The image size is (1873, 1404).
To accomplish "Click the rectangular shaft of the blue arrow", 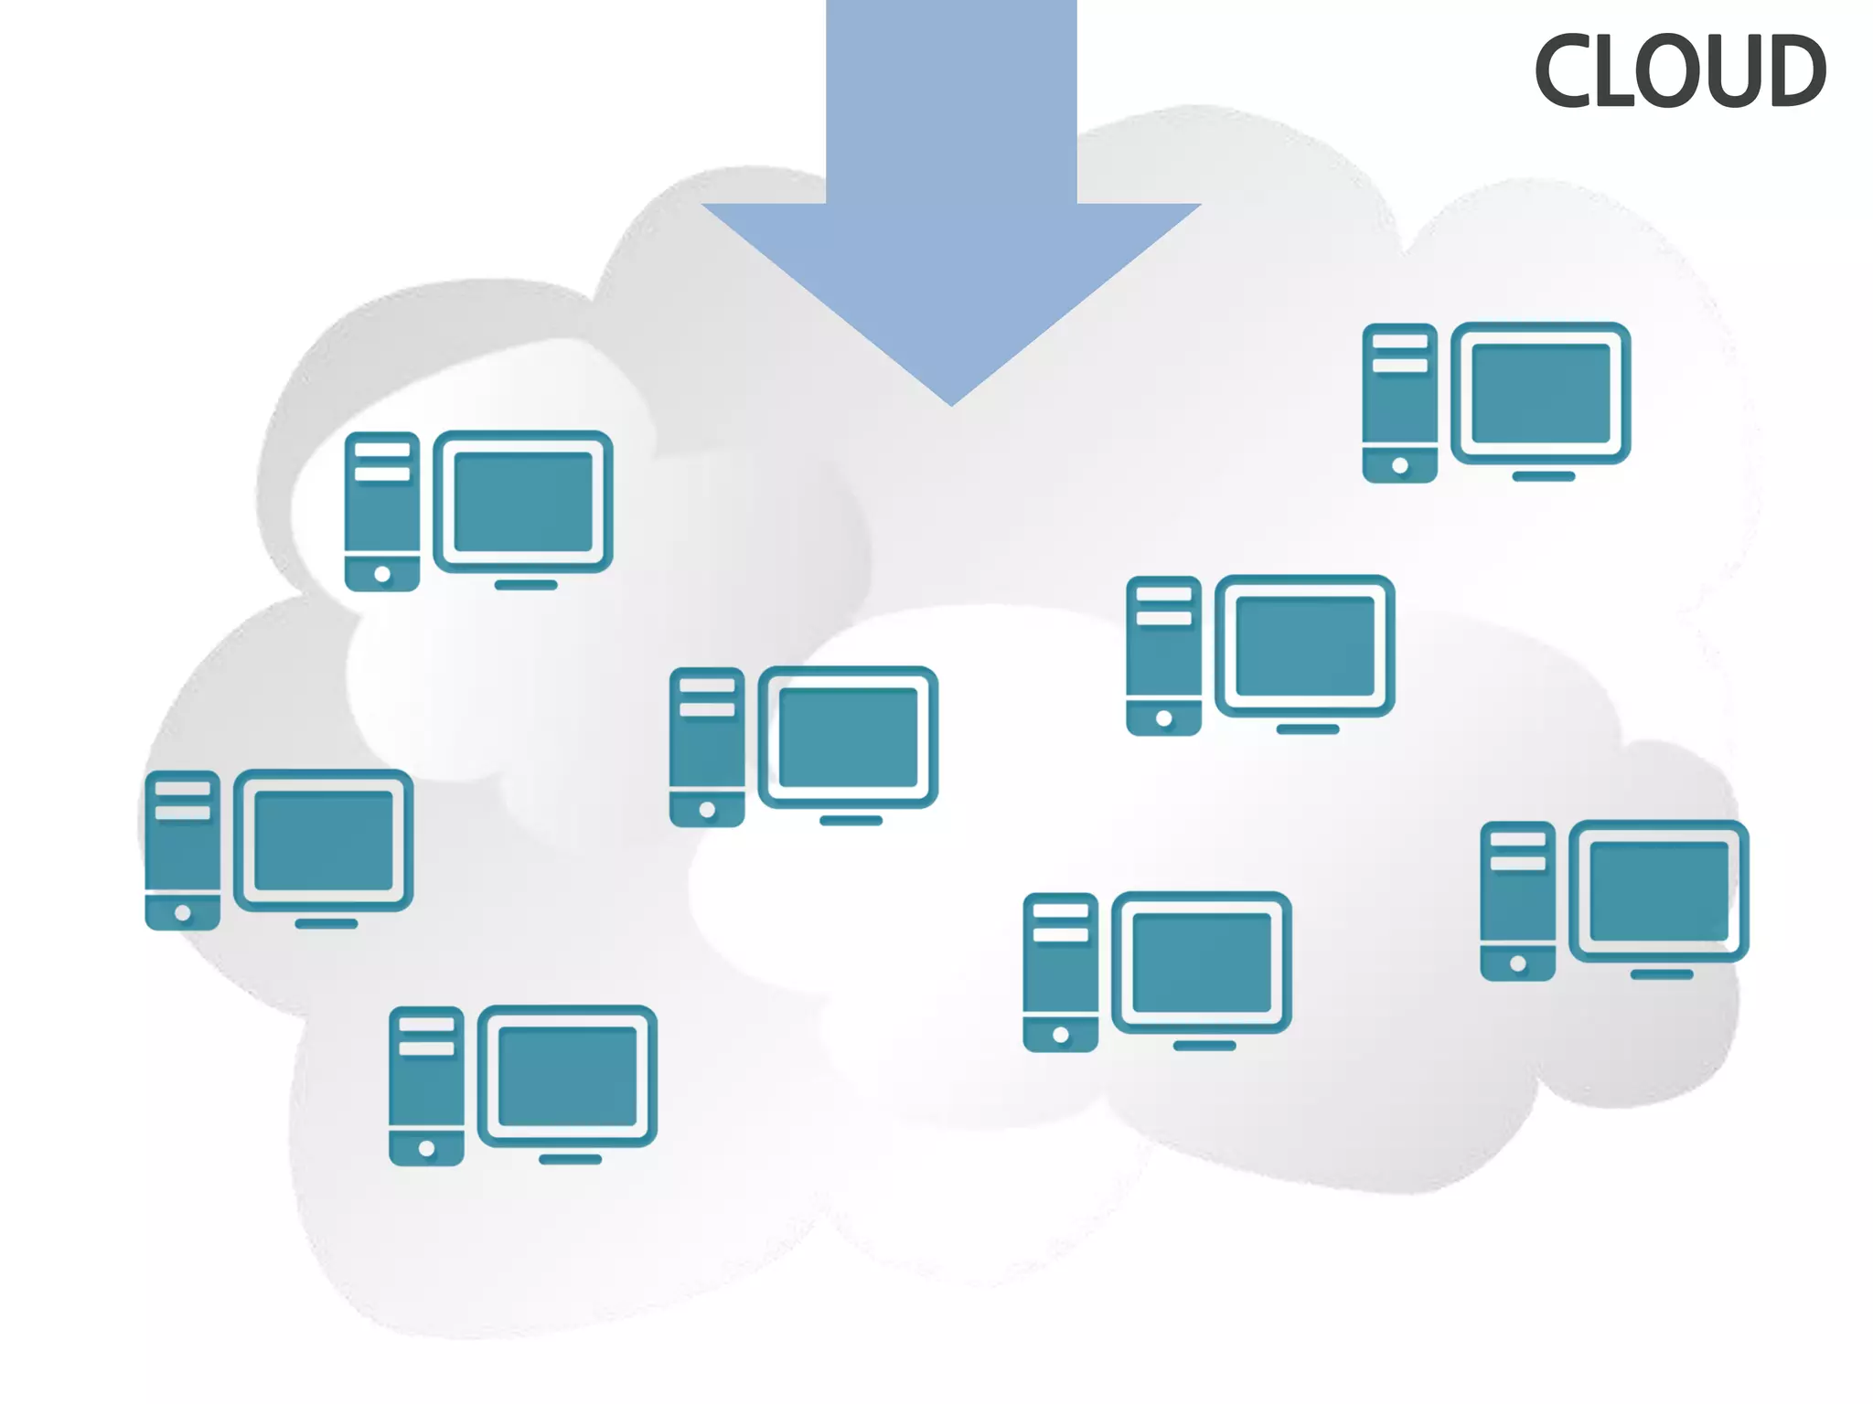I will [x=951, y=101].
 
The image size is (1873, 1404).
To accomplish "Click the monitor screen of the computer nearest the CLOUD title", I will [x=1540, y=393].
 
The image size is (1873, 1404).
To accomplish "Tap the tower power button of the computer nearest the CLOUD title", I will [x=1400, y=465].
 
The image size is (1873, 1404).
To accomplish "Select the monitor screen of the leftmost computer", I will [x=324, y=840].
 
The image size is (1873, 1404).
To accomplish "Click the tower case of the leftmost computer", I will [x=183, y=850].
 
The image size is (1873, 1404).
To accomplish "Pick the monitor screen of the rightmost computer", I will [x=1659, y=891].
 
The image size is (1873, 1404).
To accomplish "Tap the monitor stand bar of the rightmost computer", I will [x=1662, y=974].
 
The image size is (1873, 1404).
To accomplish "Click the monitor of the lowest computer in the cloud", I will [x=567, y=1076].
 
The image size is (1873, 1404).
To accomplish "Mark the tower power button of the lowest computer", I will [x=426, y=1149].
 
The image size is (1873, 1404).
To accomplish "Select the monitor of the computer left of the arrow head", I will [x=523, y=502].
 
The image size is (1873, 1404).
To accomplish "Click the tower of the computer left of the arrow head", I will [x=382, y=512].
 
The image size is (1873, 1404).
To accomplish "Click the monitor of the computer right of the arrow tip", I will [x=1305, y=645].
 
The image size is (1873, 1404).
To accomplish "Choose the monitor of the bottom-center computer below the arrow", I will [x=1202, y=963].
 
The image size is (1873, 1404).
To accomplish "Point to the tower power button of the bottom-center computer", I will [x=1061, y=1035].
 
